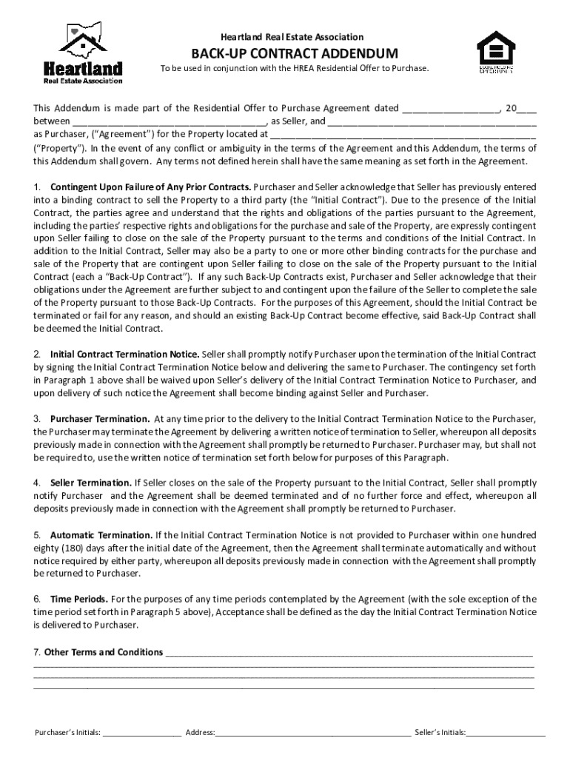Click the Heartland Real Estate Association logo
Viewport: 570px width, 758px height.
pos(82,52)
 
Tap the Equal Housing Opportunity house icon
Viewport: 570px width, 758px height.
pos(496,52)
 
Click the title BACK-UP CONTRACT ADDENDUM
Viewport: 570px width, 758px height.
pos(285,53)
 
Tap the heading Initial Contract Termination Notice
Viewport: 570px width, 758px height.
pos(124,354)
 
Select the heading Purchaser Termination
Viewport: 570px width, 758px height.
pos(100,419)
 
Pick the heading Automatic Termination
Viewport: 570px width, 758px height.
pos(101,534)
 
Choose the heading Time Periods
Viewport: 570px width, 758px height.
pos(78,598)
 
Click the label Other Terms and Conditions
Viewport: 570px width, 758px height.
pos(104,652)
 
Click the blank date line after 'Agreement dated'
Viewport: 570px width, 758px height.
pos(450,109)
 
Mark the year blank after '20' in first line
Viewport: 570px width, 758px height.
pos(528,109)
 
